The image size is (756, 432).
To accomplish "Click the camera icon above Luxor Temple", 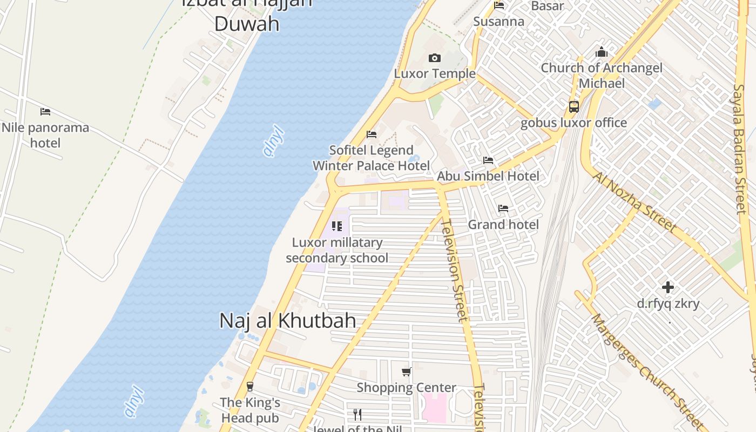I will (435, 58).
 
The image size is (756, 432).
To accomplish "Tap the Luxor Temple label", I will (435, 73).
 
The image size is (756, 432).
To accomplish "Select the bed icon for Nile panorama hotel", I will (45, 112).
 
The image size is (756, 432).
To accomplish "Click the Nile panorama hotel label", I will (45, 135).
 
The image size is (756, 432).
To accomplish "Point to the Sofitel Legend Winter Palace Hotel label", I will (372, 158).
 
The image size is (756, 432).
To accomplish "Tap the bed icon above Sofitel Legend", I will (372, 134).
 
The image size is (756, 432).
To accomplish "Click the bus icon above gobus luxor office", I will (573, 106).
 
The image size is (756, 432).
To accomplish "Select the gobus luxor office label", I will (573, 123).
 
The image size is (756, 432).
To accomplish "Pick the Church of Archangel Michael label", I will (602, 76).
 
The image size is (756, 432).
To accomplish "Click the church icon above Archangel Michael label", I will (602, 52).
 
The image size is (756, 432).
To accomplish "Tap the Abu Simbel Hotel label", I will (488, 175).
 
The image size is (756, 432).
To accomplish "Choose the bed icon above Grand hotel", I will (503, 208).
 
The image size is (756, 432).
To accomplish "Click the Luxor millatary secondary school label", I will (337, 250).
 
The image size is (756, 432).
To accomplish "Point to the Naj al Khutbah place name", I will (287, 321).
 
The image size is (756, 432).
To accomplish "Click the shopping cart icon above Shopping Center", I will (407, 372).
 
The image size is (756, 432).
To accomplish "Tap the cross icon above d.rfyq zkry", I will (668, 287).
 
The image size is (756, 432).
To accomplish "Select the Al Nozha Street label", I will (634, 202).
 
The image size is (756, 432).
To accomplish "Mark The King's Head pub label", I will (250, 410).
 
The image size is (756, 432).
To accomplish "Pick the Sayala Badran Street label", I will (739, 148).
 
